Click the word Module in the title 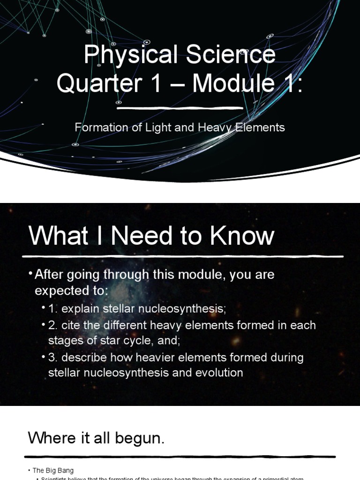tap(233, 83)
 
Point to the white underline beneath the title tap(180, 108)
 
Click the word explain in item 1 tap(78, 309)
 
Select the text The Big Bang tap(53, 470)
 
